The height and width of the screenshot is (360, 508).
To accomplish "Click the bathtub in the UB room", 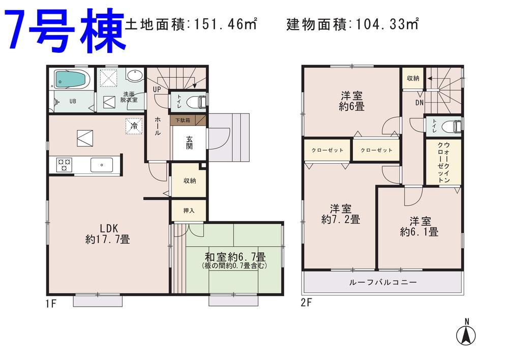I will click(71, 79).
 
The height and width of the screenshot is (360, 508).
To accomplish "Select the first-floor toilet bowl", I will click(195, 101).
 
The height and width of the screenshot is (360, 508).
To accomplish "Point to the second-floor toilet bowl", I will click(450, 126).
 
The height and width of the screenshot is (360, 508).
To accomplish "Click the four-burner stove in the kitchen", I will click(65, 164).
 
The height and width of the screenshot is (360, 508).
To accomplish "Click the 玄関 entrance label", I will click(189, 143).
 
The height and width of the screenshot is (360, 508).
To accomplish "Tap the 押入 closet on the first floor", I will click(189, 210).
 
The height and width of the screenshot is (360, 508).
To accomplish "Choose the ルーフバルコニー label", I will click(382, 282).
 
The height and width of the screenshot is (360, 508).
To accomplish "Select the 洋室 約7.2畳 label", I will click(341, 214).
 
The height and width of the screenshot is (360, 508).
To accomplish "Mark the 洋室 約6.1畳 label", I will click(420, 226).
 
